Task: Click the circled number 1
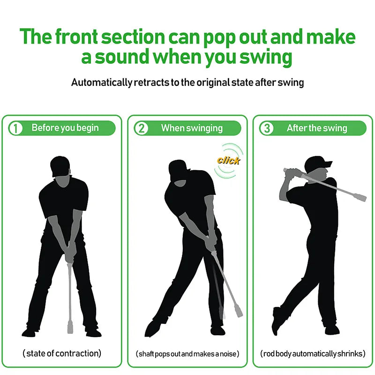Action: pyautogui.click(x=15, y=128)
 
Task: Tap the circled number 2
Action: pyautogui.click(x=141, y=128)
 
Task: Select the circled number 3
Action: pyautogui.click(x=266, y=128)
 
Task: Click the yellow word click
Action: pyautogui.click(x=228, y=160)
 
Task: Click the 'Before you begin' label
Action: pyautogui.click(x=65, y=128)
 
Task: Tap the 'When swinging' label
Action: pyautogui.click(x=192, y=128)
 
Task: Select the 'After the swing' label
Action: pyautogui.click(x=317, y=128)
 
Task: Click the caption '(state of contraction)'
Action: pyautogui.click(x=62, y=353)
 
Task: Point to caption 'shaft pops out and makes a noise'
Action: pyautogui.click(x=187, y=353)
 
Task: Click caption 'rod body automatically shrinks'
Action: pyautogui.click(x=313, y=353)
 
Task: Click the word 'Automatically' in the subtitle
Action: pyautogui.click(x=101, y=82)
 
